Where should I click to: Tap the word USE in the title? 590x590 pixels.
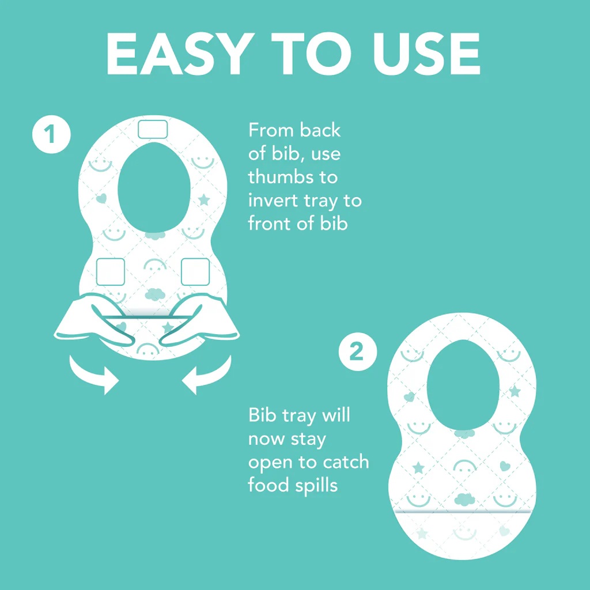pyautogui.click(x=426, y=54)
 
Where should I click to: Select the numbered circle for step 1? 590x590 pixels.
pyautogui.click(x=51, y=134)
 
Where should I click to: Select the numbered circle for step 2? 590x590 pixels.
pyautogui.click(x=357, y=352)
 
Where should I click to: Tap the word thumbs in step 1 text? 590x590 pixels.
pyautogui.click(x=281, y=177)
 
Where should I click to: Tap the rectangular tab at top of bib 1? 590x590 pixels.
pyautogui.click(x=152, y=130)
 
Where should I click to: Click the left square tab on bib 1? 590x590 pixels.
pyautogui.click(x=110, y=272)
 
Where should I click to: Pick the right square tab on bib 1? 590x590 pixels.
pyautogui.click(x=195, y=272)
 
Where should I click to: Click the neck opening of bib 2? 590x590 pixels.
pyautogui.click(x=463, y=384)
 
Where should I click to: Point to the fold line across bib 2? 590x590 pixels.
pyautogui.click(x=463, y=512)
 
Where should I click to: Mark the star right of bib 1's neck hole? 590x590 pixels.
pyautogui.click(x=204, y=199)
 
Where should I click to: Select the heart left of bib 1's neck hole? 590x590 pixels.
pyautogui.click(x=101, y=198)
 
